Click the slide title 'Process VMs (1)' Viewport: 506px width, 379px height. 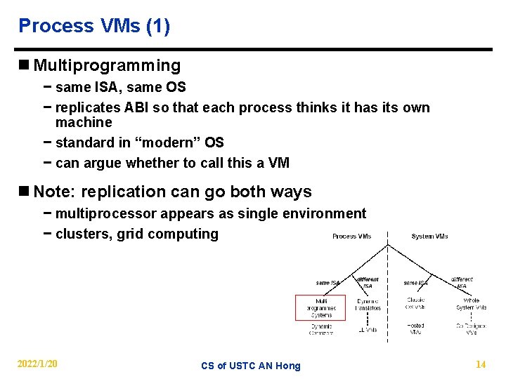tap(94, 26)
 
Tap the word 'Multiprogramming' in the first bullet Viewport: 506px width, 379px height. tap(107, 66)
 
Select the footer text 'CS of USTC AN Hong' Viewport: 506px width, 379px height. tap(250, 366)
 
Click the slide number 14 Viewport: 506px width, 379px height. tap(481, 364)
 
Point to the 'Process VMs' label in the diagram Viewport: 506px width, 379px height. tap(352, 237)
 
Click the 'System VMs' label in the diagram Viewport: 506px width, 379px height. tap(429, 237)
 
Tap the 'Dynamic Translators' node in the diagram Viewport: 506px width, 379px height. tap(367, 304)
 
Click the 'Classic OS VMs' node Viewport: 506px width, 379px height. tap(415, 304)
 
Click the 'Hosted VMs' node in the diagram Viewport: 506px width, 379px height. tap(415, 328)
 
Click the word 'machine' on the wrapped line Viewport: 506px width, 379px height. tap(84, 122)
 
